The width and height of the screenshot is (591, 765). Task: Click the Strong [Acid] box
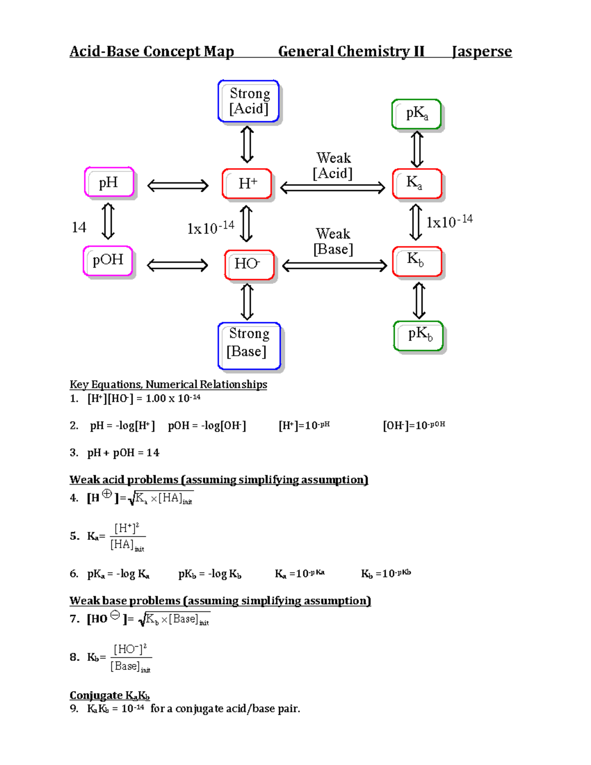click(249, 101)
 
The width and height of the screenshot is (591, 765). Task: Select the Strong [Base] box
click(249, 345)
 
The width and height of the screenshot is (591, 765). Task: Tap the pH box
click(109, 182)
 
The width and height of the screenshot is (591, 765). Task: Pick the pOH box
click(108, 261)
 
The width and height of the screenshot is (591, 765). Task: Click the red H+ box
click(247, 184)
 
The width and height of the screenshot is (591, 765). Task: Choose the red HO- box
click(249, 265)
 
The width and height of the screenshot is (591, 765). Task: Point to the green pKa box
click(417, 114)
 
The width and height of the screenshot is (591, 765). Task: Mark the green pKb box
click(419, 335)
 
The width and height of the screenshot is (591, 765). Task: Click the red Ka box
click(417, 183)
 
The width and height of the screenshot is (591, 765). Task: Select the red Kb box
click(417, 261)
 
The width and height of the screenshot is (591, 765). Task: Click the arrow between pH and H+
click(178, 186)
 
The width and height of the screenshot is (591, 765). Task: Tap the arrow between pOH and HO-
click(178, 266)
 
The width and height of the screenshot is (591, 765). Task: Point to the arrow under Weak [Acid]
click(332, 188)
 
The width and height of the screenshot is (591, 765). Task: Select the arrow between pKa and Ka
click(417, 149)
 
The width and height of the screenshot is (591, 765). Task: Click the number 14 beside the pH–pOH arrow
click(79, 227)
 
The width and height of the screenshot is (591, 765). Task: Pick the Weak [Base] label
click(333, 241)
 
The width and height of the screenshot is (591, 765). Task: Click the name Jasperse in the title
click(482, 51)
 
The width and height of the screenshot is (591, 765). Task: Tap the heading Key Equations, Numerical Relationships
click(168, 384)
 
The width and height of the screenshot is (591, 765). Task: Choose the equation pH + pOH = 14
click(123, 453)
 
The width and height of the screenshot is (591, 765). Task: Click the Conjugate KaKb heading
click(109, 695)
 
